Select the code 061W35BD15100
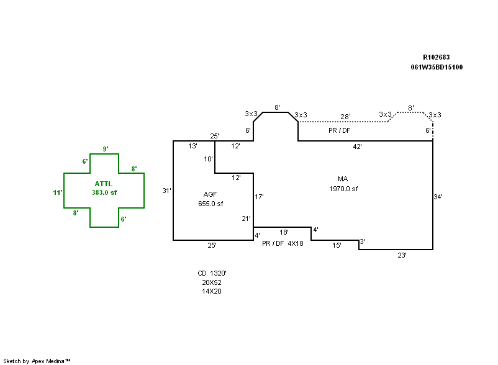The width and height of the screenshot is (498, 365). (x=436, y=67)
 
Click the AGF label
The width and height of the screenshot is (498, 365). (x=210, y=194)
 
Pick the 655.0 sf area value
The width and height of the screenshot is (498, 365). (x=210, y=204)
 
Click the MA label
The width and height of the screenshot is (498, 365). (x=343, y=179)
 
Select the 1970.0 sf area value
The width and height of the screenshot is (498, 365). (x=343, y=188)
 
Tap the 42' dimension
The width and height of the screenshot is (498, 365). (x=357, y=146)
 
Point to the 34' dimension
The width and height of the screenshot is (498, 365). (x=438, y=197)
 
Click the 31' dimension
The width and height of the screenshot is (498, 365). (x=166, y=191)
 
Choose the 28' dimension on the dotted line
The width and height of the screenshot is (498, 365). (x=345, y=116)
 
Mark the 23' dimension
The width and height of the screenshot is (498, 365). (x=402, y=255)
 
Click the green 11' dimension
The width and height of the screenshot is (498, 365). (x=58, y=192)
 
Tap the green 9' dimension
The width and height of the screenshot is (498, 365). (x=106, y=149)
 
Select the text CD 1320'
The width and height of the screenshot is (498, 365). (x=212, y=273)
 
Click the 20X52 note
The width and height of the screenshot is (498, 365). (x=212, y=282)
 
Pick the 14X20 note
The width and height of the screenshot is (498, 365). (x=212, y=291)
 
